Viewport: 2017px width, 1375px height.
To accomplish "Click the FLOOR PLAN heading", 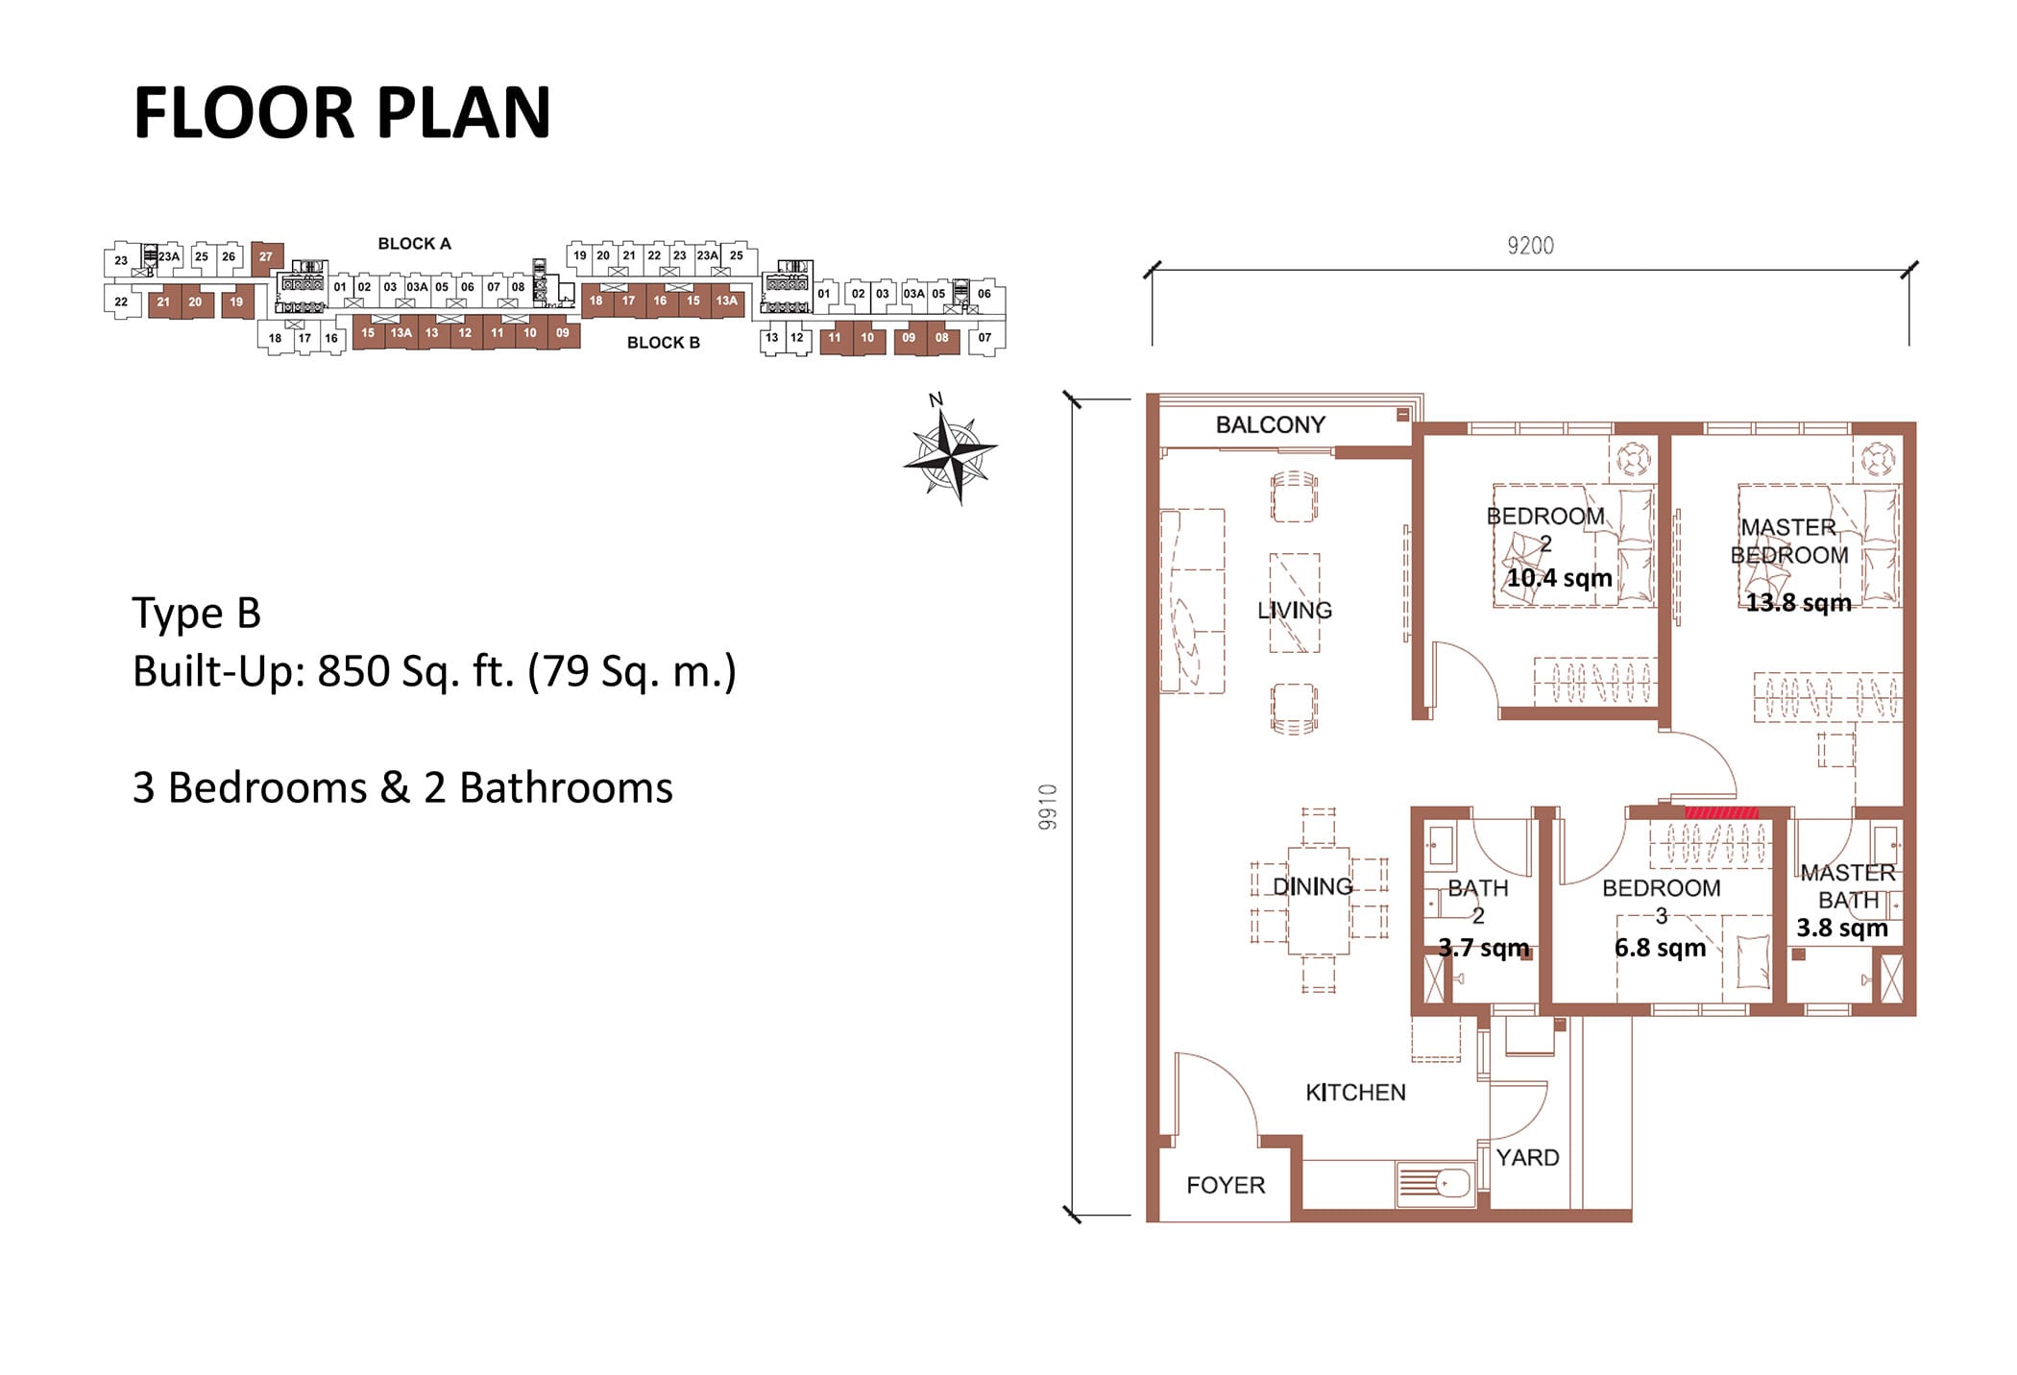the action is point(342,113).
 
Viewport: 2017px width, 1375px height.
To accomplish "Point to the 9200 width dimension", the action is point(1530,246).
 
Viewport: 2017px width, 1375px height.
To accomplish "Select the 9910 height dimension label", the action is point(1047,807).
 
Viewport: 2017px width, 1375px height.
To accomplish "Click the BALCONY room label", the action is point(1270,424).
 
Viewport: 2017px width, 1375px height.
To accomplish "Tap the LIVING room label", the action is point(1294,610).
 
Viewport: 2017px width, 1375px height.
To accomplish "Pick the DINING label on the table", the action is point(1312,886).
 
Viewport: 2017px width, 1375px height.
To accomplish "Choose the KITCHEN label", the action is point(1355,1092).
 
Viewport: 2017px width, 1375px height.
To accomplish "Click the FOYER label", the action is point(1226,1185).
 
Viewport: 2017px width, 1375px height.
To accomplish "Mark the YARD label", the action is point(1527,1157).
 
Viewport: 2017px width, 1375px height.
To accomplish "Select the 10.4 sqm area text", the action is point(1559,578).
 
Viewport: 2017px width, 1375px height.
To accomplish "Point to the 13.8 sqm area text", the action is point(1798,603).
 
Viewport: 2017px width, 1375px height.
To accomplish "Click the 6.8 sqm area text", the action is point(1660,948).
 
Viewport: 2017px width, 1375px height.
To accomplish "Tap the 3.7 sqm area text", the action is point(1483,948).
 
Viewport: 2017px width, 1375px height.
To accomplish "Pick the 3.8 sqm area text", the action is point(1842,928).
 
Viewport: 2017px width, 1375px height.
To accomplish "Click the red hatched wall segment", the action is point(1722,812).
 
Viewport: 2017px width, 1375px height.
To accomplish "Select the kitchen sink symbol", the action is point(1434,1184).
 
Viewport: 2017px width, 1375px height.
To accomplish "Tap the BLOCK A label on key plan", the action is point(414,244).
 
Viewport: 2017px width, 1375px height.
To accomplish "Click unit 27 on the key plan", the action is point(266,256).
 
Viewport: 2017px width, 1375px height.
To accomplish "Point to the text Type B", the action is point(196,614).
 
